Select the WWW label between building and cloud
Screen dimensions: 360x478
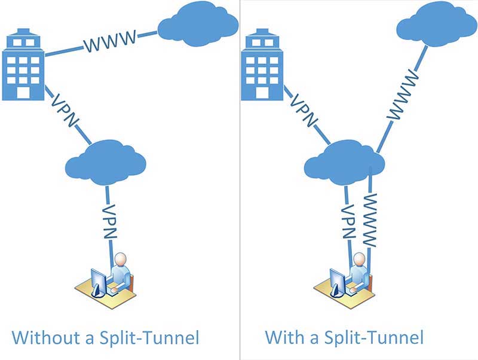point(109,42)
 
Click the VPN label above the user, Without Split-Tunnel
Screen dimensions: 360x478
point(109,221)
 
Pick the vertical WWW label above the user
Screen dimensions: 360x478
point(370,220)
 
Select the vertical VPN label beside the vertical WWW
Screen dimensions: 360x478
point(348,220)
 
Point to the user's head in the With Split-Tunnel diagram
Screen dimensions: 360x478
point(359,260)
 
